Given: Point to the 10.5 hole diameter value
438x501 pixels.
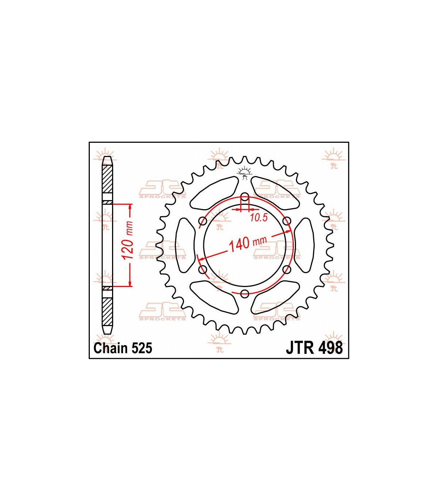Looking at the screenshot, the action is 259,217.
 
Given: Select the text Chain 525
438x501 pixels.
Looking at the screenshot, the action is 123,348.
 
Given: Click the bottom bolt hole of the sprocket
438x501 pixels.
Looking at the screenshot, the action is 245,294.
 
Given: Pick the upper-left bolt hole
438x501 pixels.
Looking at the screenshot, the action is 203,221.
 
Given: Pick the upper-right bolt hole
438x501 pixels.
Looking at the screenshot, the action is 287,221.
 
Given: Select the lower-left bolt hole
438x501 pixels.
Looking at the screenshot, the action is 203,269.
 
